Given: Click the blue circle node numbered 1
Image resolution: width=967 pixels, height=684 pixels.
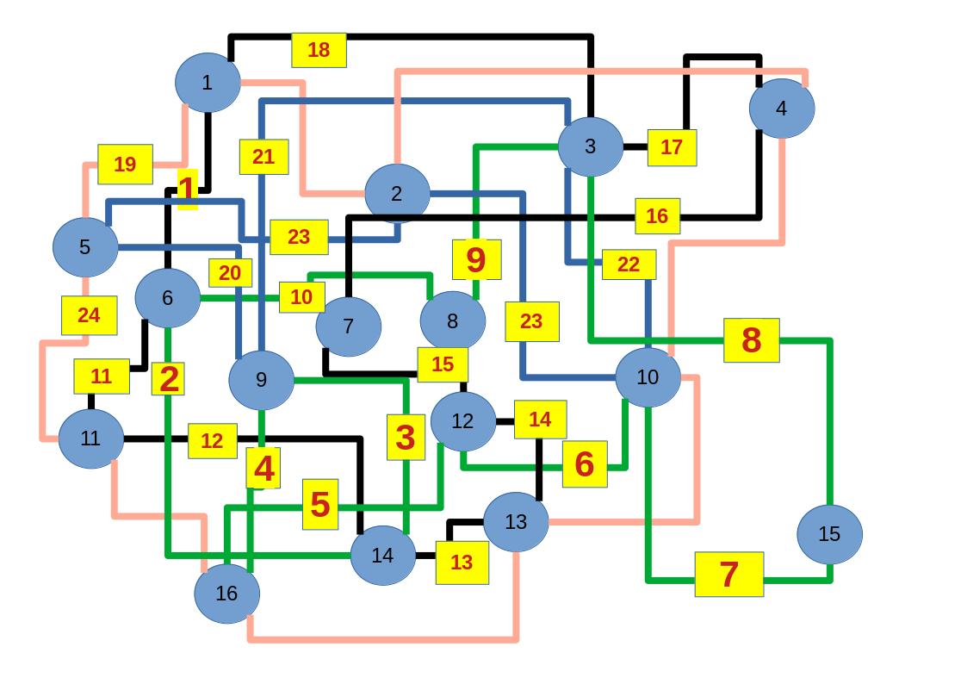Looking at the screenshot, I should [207, 83].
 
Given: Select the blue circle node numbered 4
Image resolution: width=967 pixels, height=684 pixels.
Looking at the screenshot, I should [781, 109].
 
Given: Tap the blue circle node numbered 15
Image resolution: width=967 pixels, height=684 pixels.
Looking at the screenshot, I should [828, 534].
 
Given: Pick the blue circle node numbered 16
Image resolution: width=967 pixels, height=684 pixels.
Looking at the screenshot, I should [226, 593].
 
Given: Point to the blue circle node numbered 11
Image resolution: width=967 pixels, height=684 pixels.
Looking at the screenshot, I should [90, 438].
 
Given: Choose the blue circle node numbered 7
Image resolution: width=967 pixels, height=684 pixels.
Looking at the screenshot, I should [348, 326].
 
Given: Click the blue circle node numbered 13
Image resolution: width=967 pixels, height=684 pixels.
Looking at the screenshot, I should [515, 521].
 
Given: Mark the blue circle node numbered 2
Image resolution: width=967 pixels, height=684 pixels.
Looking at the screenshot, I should [396, 194].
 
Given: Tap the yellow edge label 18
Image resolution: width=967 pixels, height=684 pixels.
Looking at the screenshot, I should [319, 50].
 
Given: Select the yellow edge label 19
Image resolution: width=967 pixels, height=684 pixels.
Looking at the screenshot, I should [125, 164].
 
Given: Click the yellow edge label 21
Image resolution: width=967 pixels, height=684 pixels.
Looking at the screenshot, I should [263, 157].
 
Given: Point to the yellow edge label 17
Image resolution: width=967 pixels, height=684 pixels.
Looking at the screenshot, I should [672, 147].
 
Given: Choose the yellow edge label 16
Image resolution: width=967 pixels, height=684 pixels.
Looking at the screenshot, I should [657, 216].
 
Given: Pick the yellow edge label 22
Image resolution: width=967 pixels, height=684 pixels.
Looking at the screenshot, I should [629, 264].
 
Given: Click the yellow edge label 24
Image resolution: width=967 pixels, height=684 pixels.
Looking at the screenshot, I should [89, 315].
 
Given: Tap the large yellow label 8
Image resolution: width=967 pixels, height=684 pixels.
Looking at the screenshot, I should [751, 340].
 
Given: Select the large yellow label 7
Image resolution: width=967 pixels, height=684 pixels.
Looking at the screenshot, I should [728, 574].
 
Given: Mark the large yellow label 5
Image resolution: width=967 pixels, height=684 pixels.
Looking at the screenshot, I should [319, 504].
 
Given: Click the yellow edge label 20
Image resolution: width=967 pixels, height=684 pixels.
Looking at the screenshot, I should [230, 273].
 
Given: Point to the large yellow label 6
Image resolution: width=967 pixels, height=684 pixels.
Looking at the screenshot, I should [584, 463].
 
